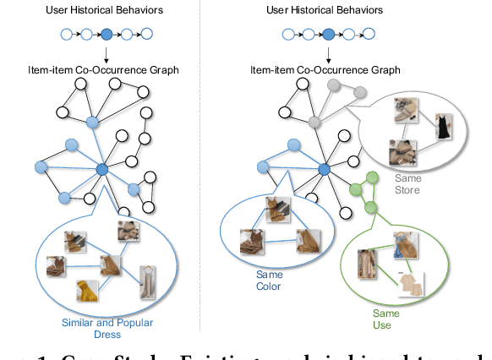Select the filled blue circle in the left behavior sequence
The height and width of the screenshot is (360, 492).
106,35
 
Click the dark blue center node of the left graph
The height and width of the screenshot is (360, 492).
102,170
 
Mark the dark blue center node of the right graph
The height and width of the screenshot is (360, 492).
323,170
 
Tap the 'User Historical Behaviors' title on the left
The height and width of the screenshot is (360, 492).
104,11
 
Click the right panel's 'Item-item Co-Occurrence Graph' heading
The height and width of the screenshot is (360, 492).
325,70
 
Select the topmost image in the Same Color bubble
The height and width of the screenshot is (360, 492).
277,207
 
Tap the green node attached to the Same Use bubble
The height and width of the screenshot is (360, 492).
369,208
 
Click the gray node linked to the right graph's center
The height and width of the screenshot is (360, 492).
314,122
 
